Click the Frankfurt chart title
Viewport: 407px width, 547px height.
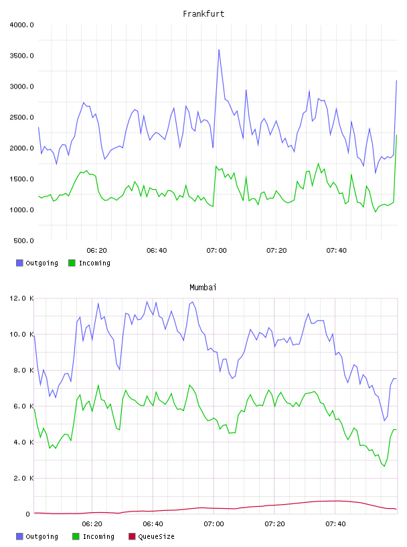pyautogui.click(x=203, y=14)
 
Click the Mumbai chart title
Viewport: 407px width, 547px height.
pyautogui.click(x=203, y=288)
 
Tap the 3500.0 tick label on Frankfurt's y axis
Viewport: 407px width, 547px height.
pyautogui.click(x=21, y=56)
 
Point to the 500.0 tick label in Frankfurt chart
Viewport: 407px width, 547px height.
pyautogui.click(x=23, y=241)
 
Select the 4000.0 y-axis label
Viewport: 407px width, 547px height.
pyautogui.click(x=21, y=25)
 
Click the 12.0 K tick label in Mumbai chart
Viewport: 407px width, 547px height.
pyautogui.click(x=21, y=298)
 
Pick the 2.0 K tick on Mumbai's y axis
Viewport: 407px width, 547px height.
pyautogui.click(x=23, y=478)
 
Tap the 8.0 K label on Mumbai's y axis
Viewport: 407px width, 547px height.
pyautogui.click(x=23, y=370)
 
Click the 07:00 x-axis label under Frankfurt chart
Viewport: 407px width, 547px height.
pyautogui.click(x=216, y=251)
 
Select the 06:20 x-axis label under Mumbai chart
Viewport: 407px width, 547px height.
pyautogui.click(x=92, y=524)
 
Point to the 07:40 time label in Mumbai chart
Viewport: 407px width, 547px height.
pyautogui.click(x=335, y=524)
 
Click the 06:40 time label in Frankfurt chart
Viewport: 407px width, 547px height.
pyautogui.click(x=157, y=251)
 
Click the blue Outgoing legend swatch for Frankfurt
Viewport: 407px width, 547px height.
pyautogui.click(x=19, y=263)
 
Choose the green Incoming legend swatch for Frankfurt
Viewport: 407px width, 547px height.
pyautogui.click(x=72, y=263)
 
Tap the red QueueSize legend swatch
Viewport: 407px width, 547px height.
pyautogui.click(x=132, y=536)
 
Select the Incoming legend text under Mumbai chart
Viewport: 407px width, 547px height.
pyautogui.click(x=98, y=536)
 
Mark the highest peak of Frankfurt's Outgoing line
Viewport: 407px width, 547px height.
pyautogui.click(x=219, y=50)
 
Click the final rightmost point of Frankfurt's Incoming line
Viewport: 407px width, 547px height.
pyautogui.click(x=396, y=135)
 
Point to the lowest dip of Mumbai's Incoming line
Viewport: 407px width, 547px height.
pyautogui.click(x=384, y=466)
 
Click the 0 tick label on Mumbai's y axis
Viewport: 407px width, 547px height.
pyautogui.click(x=27, y=514)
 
